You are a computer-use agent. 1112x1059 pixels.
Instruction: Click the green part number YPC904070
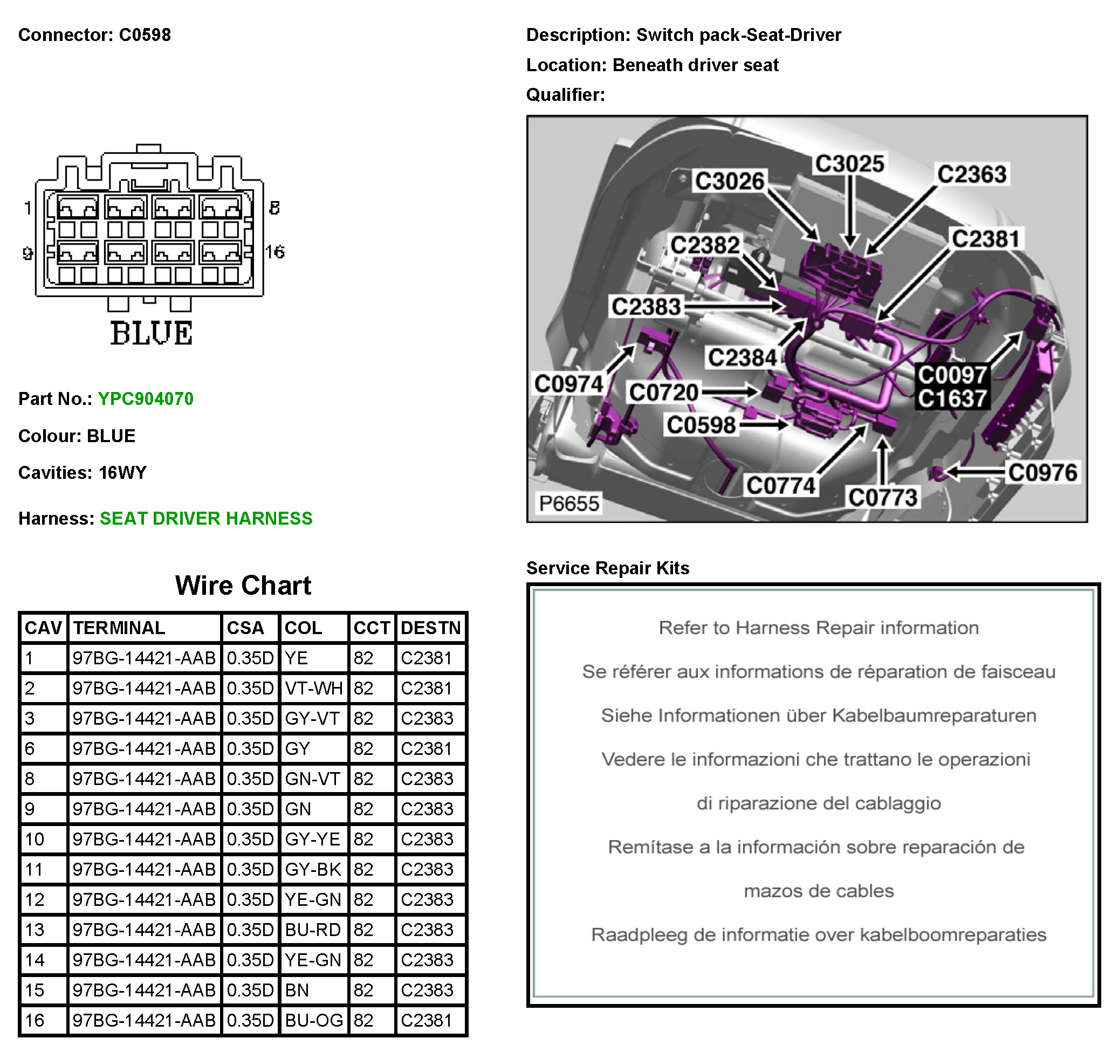coord(145,398)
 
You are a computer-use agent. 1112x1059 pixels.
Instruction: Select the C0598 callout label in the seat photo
coord(701,424)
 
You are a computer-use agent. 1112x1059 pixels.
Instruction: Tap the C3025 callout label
coord(849,164)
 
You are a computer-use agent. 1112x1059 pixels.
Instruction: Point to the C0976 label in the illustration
coord(1042,472)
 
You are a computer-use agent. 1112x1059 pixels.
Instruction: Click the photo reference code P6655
coord(568,503)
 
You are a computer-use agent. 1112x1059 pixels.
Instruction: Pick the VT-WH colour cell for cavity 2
coord(313,688)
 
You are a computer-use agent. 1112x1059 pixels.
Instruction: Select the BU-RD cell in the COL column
coord(313,929)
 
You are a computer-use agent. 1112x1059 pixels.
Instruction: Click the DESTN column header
coord(431,628)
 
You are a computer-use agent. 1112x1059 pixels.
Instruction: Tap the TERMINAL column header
coord(119,628)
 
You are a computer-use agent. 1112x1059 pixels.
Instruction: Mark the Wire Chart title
coord(243,585)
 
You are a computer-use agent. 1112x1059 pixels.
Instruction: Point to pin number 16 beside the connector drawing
coord(275,252)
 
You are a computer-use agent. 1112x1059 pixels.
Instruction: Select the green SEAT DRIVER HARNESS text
coord(205,518)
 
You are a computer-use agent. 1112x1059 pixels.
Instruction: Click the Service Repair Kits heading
coord(607,568)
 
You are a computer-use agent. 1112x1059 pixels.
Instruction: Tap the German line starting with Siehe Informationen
coord(818,715)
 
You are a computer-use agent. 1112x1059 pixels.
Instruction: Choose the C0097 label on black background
coord(952,375)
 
